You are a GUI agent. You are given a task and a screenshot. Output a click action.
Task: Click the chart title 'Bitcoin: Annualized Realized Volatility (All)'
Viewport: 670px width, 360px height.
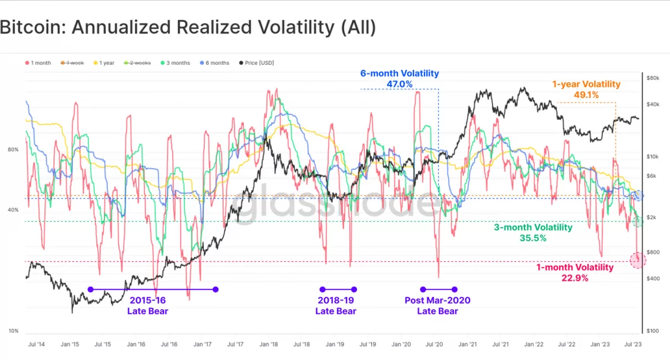click(188, 28)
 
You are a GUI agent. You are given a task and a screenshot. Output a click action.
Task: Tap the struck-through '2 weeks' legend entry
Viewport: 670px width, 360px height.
click(136, 62)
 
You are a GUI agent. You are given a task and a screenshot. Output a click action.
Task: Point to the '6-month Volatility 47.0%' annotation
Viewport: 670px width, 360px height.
click(400, 79)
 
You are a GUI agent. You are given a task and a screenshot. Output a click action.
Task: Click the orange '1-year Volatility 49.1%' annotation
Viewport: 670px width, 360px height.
click(586, 90)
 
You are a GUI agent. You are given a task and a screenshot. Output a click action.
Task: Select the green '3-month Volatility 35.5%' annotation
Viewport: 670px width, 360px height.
click(533, 232)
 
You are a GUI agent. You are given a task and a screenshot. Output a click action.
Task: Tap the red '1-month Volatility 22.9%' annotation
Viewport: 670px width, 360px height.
click(575, 273)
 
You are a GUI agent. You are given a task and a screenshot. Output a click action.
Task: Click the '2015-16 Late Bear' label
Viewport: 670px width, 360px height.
click(148, 306)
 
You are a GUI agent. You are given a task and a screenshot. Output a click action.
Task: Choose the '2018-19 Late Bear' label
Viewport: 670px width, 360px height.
click(336, 306)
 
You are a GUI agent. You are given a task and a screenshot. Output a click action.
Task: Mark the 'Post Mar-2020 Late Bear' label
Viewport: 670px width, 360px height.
click(437, 306)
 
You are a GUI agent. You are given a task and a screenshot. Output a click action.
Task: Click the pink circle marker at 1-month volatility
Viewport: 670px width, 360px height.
click(638, 260)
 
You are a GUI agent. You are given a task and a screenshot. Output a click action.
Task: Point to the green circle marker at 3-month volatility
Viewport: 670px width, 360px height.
click(638, 221)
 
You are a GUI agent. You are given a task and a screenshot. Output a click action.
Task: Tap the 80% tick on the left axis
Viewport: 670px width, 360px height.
click(13, 150)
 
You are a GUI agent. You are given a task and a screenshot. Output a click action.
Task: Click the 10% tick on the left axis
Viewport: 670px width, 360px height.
click(13, 331)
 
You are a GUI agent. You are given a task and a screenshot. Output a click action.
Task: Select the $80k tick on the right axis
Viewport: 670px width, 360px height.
click(653, 77)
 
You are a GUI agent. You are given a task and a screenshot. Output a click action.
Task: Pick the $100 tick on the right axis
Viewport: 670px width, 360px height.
click(653, 331)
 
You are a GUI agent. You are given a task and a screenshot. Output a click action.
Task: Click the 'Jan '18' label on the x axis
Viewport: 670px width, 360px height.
click(269, 344)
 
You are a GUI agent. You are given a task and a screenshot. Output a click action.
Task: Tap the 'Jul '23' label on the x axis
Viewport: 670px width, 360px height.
click(633, 344)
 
